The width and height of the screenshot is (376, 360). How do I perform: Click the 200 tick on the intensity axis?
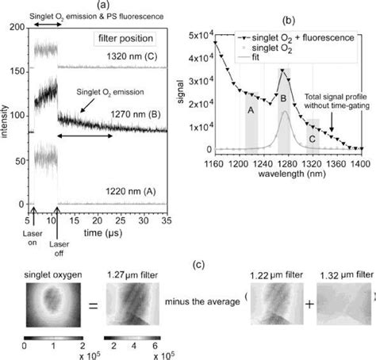[x=15, y=27]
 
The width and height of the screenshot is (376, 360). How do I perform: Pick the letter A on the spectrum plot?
[x=251, y=111]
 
